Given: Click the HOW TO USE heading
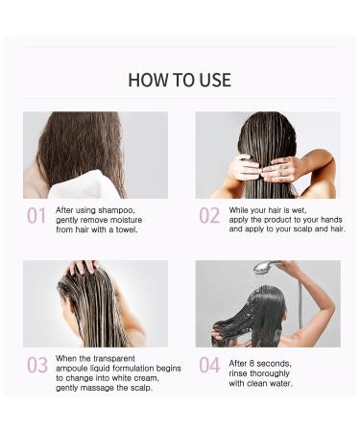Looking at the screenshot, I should pos(180,80).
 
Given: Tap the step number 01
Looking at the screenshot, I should pos(36,216).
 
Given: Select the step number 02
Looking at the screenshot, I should pos(209,216).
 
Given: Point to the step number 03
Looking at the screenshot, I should pos(36,365).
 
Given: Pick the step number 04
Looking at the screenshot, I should pos(209,365).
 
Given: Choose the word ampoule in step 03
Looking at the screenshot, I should pos(74,368).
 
